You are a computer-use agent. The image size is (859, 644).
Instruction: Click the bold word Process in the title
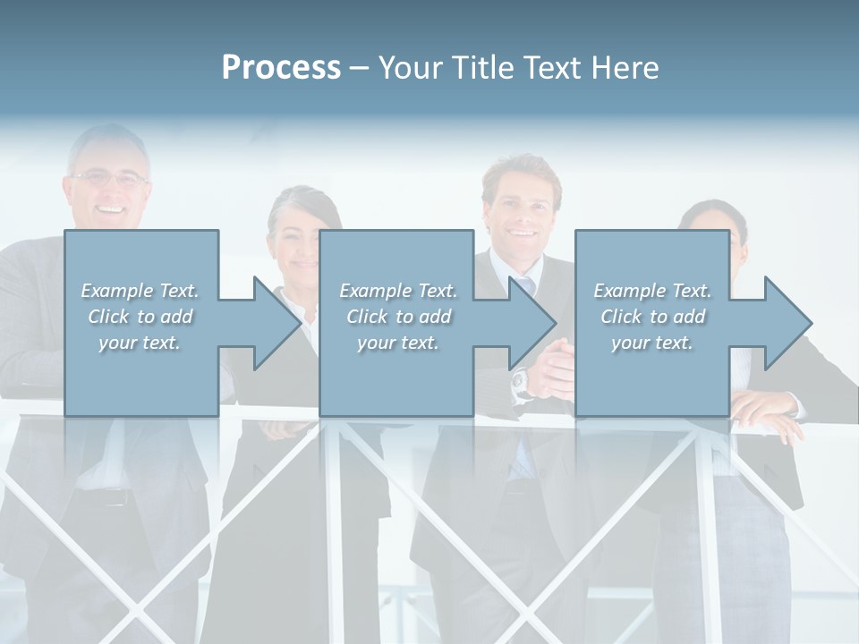(281, 68)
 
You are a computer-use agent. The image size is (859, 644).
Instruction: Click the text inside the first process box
(140, 317)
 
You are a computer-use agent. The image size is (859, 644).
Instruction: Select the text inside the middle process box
(398, 317)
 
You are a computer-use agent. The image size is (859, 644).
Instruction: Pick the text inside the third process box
(652, 317)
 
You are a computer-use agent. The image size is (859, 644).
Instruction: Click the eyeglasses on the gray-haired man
(110, 179)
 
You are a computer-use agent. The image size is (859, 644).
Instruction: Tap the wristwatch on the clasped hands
(520, 382)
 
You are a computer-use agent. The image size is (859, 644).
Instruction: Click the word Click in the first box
(108, 317)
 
